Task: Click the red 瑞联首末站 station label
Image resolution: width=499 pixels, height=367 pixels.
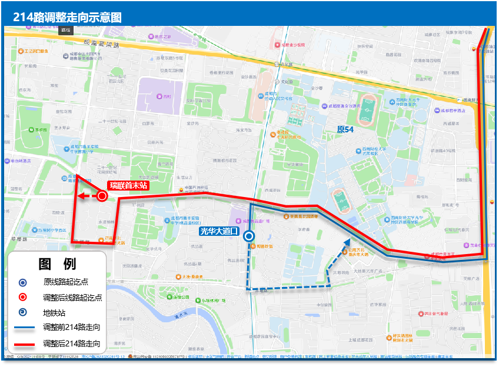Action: pyautogui.click(x=128, y=185)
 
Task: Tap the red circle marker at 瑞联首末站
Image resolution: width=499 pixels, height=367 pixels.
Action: pyautogui.click(x=102, y=196)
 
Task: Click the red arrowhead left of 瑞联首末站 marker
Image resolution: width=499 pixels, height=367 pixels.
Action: pyautogui.click(x=82, y=196)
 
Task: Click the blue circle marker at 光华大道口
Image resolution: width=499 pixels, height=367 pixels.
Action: pyautogui.click(x=249, y=236)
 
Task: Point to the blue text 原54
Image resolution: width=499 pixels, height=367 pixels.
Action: pyautogui.click(x=345, y=129)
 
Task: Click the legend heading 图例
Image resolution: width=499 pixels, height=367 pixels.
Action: pyautogui.click(x=57, y=264)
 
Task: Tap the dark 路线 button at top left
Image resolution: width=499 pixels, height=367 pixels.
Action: pyautogui.click(x=65, y=29)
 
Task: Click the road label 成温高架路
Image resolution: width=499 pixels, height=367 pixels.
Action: pyautogui.click(x=102, y=43)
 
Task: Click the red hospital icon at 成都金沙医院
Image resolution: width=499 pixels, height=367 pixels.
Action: pyautogui.click(x=277, y=44)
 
